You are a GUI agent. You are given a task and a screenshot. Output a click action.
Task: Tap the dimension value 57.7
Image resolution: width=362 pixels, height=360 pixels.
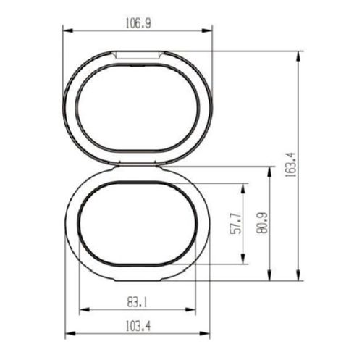[234, 223]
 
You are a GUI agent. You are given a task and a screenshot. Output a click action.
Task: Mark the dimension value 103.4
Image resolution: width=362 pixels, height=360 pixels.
[138, 326]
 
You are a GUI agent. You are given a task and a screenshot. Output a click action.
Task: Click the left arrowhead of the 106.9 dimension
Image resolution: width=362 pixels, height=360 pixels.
[67, 30]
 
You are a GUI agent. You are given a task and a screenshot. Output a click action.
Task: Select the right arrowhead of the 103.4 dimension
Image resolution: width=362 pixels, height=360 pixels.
[207, 335]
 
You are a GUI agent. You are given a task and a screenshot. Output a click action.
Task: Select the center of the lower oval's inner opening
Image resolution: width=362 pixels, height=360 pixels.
[138, 224]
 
